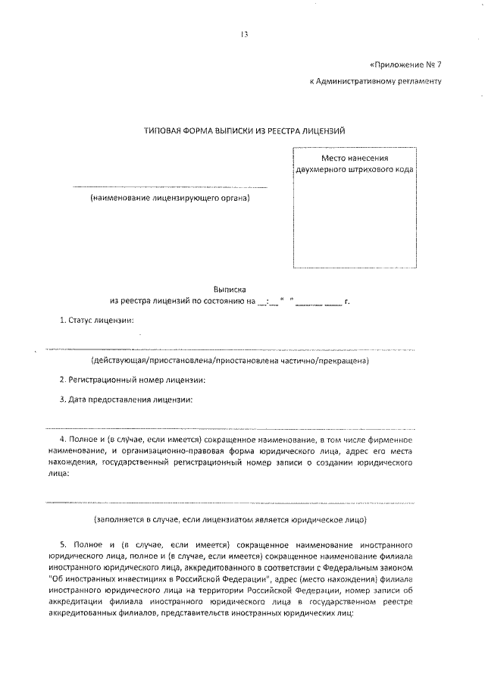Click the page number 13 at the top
point(244,34)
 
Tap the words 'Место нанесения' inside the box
point(355,158)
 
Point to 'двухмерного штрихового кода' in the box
point(355,170)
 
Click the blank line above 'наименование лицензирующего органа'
point(170,186)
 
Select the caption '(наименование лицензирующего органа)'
point(170,199)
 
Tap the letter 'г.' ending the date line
point(347,302)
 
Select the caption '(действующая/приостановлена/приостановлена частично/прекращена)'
point(230,361)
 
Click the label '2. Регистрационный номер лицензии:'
point(133,380)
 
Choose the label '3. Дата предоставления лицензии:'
point(126,399)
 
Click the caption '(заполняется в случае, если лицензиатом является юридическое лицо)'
point(230,520)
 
